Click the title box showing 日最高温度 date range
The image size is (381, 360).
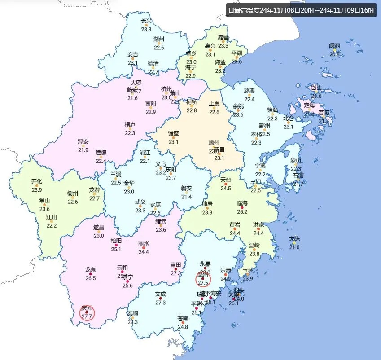pos(301,10)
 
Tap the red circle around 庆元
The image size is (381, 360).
pos(87,312)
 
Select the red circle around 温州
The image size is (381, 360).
pos(203,279)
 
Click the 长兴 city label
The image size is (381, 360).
pos(146,21)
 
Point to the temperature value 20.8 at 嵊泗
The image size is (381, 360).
pos(335,54)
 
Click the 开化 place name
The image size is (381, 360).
pos(37,181)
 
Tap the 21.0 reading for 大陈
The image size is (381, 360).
pos(294,247)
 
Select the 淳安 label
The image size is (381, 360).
pos(83,141)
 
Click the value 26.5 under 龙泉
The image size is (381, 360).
pos(91,278)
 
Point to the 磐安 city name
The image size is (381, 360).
pos(187,188)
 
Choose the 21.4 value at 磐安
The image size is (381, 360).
pos(187,197)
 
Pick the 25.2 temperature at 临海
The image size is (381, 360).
pos(242,211)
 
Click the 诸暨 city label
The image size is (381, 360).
pos(174,133)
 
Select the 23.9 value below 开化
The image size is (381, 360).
pos(37,190)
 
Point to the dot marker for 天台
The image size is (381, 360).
pos(225,184)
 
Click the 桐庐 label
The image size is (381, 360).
pos(130,124)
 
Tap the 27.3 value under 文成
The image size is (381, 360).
pos(161,303)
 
